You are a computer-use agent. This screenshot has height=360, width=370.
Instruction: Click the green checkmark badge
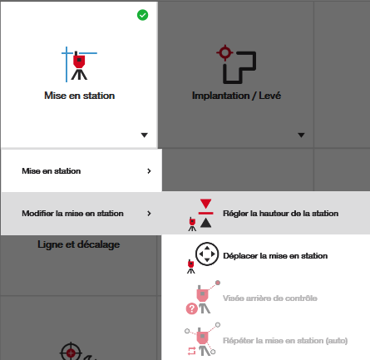tap(143, 15)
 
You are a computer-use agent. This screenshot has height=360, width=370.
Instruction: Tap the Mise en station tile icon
tap(79, 64)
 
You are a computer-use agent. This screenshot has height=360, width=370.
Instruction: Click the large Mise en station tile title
tap(80, 96)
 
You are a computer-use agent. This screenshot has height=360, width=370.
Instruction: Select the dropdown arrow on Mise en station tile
tap(145, 135)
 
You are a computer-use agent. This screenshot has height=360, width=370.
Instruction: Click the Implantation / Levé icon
tap(236, 64)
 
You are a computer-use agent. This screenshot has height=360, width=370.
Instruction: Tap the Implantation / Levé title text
tap(236, 96)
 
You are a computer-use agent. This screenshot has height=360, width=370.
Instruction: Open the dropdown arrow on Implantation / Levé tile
tap(301, 135)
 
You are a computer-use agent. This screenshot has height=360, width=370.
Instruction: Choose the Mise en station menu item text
tap(52, 171)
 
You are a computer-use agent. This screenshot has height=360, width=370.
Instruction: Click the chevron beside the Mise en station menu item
tap(149, 171)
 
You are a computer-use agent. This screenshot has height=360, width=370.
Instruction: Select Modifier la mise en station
tap(72, 214)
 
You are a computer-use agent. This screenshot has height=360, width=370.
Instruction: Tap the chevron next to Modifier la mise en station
tap(149, 214)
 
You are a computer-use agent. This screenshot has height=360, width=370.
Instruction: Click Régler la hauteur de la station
tap(280, 214)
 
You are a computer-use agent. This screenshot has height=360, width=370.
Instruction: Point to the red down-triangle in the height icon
tap(206, 204)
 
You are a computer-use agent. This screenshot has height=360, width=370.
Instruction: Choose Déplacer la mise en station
tap(275, 256)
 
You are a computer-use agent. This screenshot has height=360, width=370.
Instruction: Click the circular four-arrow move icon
tap(207, 254)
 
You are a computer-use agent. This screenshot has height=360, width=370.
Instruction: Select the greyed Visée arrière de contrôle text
tap(270, 298)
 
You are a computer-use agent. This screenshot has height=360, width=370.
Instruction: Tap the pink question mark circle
tap(191, 308)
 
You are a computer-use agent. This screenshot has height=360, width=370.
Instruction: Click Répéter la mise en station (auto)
tap(285, 341)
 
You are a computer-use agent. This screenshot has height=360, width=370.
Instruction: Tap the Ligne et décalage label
tap(79, 244)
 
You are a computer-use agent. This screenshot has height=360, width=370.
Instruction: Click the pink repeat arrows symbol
tap(191, 351)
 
